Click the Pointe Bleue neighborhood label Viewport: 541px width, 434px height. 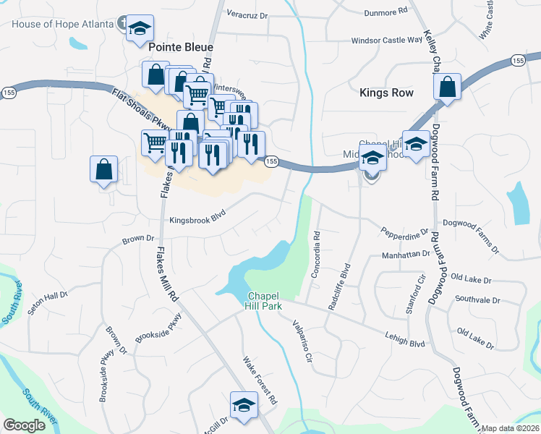(182, 46)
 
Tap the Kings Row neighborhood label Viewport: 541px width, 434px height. (386, 93)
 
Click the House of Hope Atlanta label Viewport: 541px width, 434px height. (63, 23)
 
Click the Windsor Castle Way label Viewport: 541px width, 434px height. (386, 41)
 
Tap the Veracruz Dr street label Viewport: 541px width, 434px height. (247, 14)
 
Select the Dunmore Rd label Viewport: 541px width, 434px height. (386, 11)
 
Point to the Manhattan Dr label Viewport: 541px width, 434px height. (406, 255)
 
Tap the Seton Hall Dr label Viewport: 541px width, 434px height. (46, 297)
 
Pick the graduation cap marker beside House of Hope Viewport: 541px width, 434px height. (140, 29)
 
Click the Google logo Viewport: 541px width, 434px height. (24, 425)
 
